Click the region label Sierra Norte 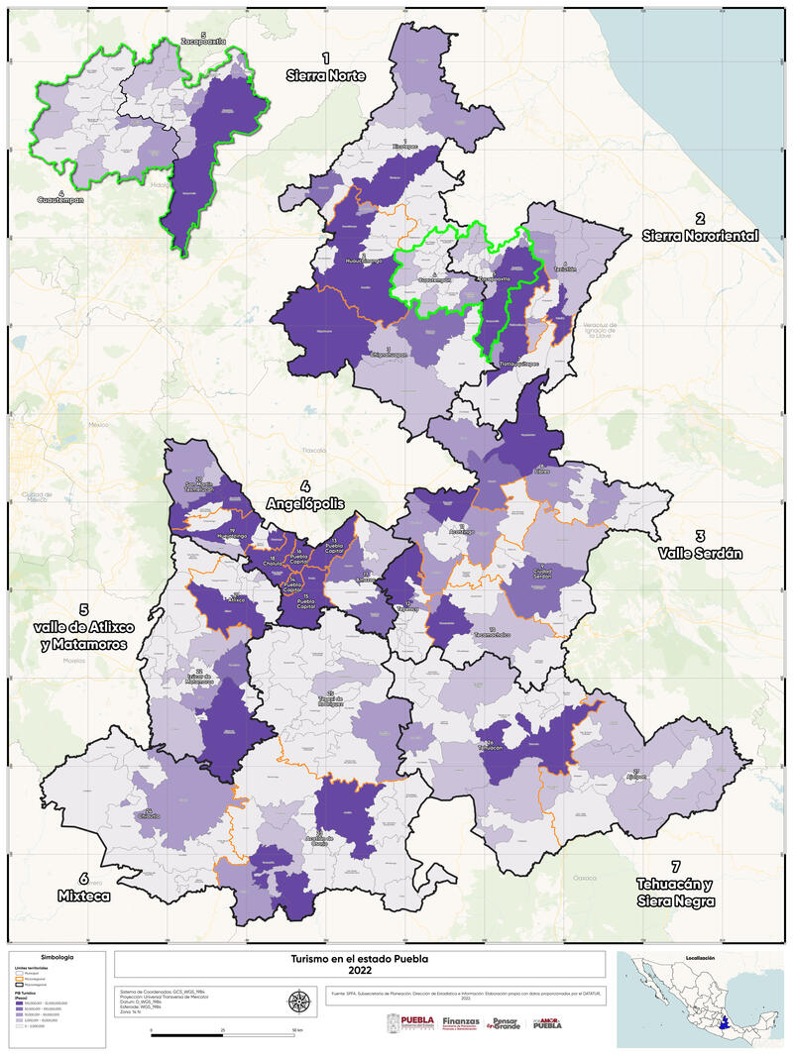click(x=325, y=67)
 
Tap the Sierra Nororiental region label click(x=700, y=227)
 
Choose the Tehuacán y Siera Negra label click(x=677, y=891)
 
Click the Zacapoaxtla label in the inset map click(x=203, y=42)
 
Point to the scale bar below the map click(x=223, y=1031)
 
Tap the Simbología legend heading click(x=56, y=958)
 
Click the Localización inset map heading click(x=699, y=958)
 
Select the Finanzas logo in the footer click(x=461, y=1022)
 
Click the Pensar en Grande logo click(x=506, y=1022)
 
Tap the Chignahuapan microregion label click(x=389, y=352)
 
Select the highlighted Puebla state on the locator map click(x=727, y=1020)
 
